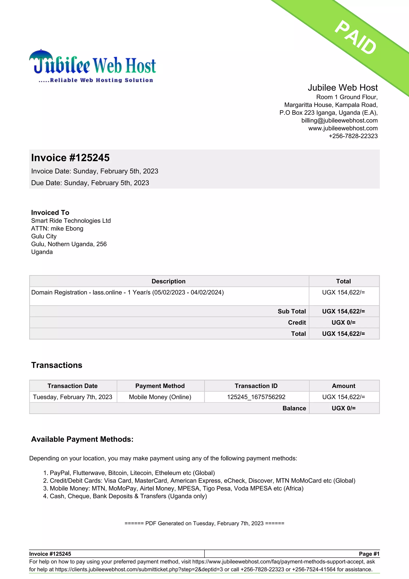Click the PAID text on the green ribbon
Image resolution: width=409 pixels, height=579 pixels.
coord(355,37)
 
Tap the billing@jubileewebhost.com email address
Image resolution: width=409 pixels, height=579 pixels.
coord(339,121)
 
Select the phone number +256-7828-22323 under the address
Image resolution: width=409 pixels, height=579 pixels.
coord(353,136)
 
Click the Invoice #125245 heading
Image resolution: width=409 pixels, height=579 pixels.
coord(70,158)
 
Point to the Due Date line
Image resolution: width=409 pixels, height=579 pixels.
coord(90,183)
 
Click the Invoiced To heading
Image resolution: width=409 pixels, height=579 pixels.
coord(50,213)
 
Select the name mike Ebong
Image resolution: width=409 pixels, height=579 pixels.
coord(67,229)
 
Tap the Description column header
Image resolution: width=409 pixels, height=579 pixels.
coord(169,281)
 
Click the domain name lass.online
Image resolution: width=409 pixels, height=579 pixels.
coord(107,292)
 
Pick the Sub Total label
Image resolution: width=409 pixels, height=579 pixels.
coord(292,311)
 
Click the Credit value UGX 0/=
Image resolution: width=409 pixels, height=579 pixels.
coord(343,322)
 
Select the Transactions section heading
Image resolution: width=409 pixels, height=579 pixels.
coord(57,365)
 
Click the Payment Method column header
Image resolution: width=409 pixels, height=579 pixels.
coord(160,386)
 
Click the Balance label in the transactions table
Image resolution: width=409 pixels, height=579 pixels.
coord(294,408)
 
